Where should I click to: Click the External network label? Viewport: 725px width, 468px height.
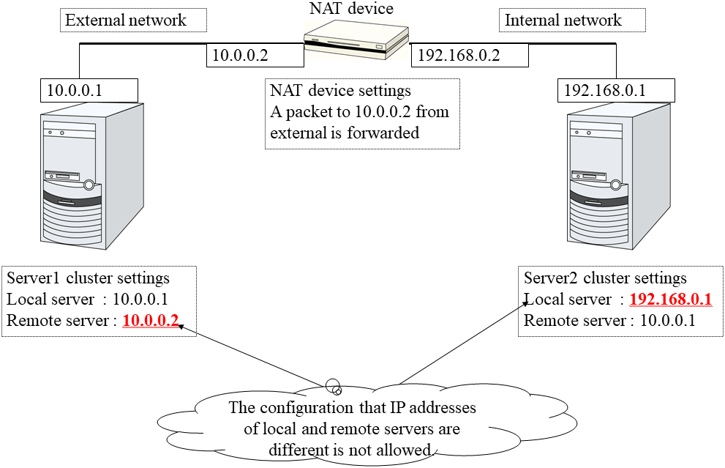[126, 20]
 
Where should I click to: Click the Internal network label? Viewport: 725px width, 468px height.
[563, 20]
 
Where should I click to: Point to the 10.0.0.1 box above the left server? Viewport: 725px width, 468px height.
[74, 90]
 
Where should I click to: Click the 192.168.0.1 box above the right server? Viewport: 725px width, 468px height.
[597, 90]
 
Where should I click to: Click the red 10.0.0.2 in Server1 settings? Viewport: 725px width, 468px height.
[151, 320]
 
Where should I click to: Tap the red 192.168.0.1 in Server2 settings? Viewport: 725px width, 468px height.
[670, 300]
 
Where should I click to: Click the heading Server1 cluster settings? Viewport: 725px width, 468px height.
[88, 278]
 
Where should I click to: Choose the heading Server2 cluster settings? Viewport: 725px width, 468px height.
[606, 278]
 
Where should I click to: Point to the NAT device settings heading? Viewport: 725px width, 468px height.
[340, 91]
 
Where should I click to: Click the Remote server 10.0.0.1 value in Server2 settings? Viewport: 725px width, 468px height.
[667, 321]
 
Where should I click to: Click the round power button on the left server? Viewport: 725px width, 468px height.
[89, 185]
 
